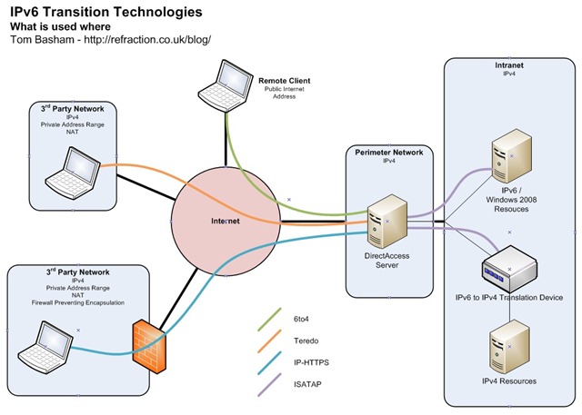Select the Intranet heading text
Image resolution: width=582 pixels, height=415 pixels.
508,65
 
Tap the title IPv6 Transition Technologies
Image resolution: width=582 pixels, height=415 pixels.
106,13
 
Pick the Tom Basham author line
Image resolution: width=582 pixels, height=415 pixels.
110,41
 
